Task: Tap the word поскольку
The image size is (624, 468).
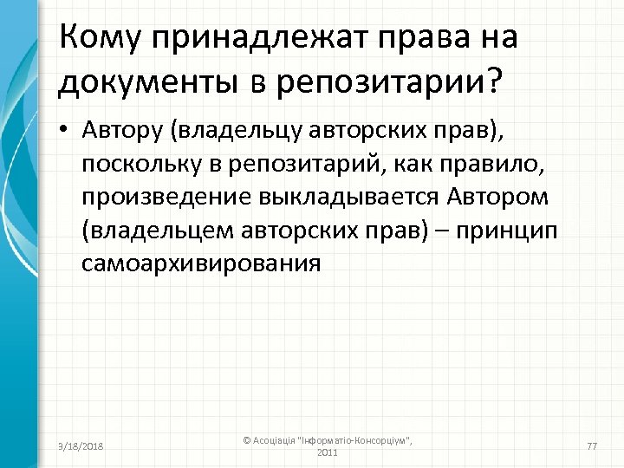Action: [136, 165]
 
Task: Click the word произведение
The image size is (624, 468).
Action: [168, 198]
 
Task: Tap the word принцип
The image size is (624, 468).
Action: [509, 231]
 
